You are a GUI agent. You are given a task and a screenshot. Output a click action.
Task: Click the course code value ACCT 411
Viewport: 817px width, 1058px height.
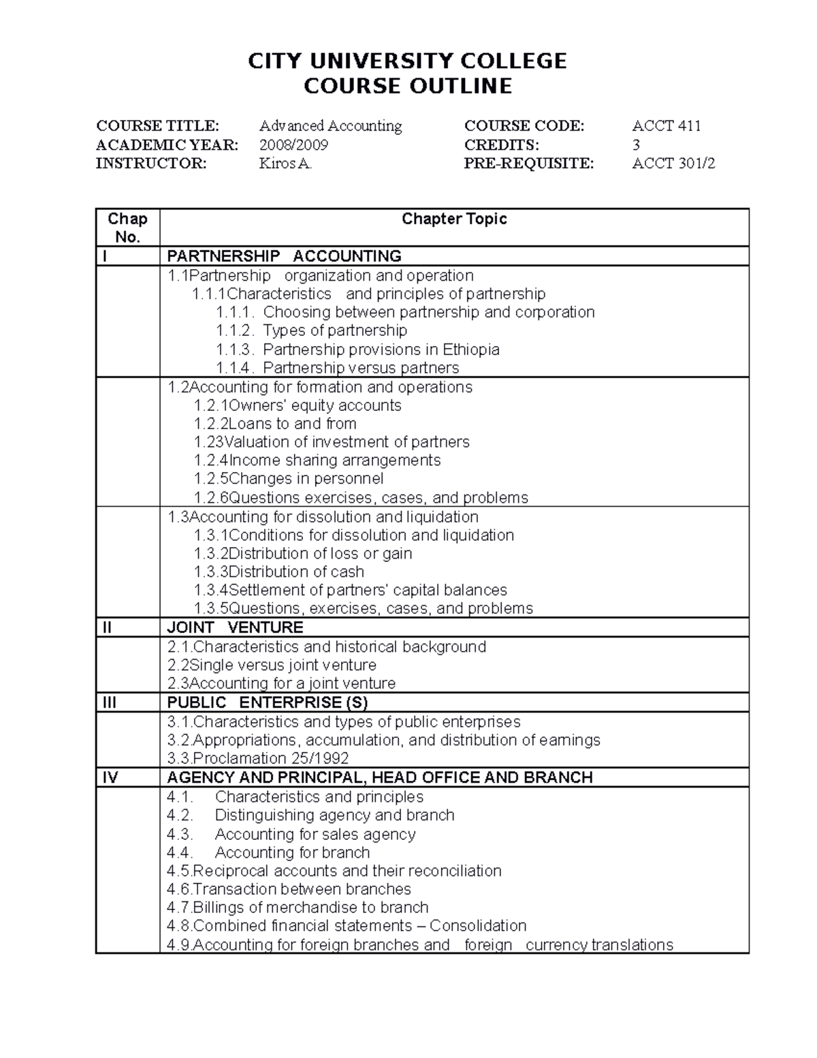(667, 126)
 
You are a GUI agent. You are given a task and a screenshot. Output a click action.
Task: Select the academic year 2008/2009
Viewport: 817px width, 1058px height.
(293, 144)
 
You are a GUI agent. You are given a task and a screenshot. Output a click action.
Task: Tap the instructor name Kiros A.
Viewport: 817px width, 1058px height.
(285, 164)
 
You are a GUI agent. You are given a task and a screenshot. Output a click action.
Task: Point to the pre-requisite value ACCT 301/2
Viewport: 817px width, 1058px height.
(673, 164)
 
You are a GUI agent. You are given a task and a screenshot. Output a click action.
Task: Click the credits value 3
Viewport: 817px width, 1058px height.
(636, 144)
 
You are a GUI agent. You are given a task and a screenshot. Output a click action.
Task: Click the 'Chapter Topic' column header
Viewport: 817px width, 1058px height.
(454, 219)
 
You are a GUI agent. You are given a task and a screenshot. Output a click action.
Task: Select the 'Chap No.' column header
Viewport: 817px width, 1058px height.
(127, 228)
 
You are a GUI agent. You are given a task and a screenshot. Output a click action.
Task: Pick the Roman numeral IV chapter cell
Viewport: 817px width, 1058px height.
(110, 777)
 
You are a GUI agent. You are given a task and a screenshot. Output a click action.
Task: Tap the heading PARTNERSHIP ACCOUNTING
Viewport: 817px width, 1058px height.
(284, 256)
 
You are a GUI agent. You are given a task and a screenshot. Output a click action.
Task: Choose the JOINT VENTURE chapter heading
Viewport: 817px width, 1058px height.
(235, 627)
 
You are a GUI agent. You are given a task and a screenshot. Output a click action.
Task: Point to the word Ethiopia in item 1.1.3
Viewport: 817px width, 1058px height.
(471, 349)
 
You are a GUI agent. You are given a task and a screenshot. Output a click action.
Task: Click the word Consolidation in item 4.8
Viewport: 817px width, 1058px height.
(478, 926)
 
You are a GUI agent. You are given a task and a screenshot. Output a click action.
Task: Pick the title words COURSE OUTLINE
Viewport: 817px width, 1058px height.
(407, 87)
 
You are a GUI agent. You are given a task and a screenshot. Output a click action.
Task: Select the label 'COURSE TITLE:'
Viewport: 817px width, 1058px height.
(158, 126)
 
